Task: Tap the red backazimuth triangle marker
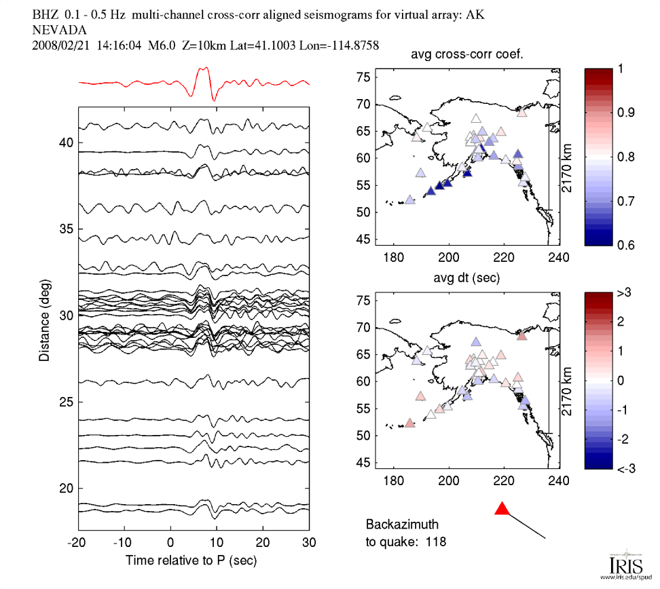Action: click(x=502, y=509)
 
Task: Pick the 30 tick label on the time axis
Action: click(x=310, y=544)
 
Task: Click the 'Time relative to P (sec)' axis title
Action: click(x=194, y=560)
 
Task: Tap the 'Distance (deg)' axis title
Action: click(x=45, y=316)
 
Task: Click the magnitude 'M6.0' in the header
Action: click(x=162, y=45)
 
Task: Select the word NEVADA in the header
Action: click(x=57, y=31)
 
